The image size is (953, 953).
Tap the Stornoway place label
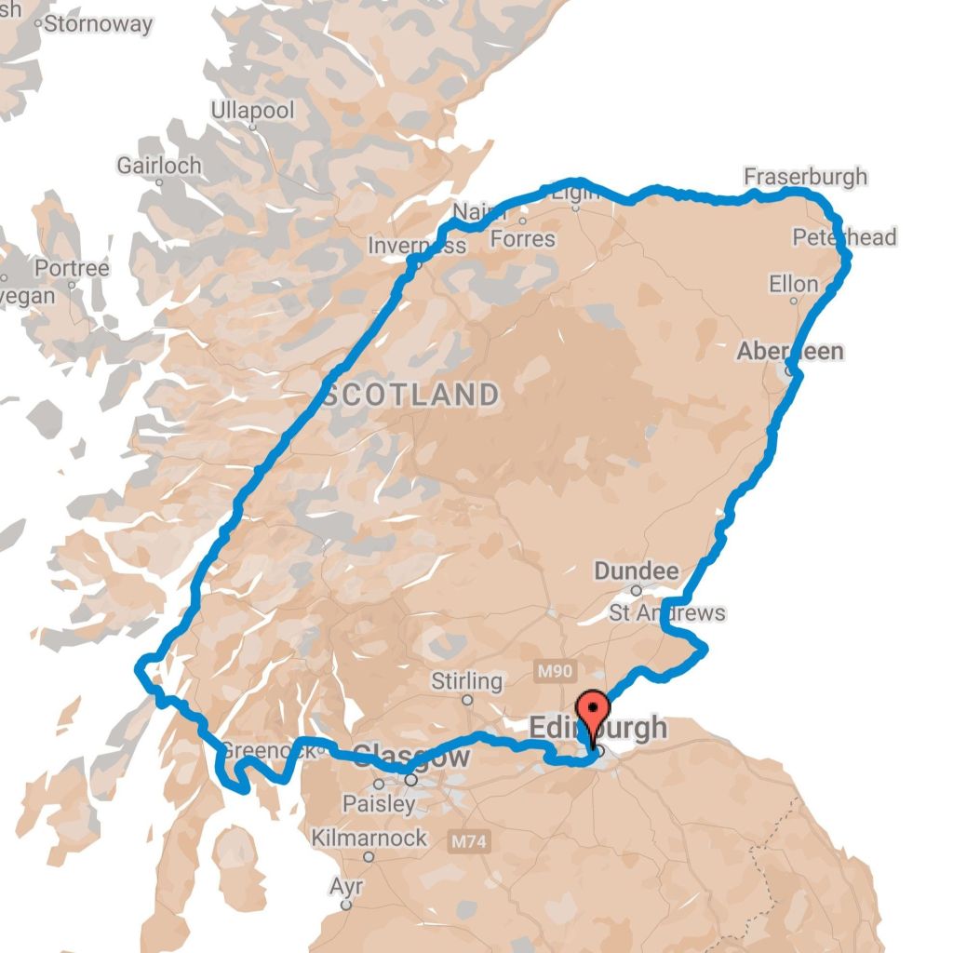98,24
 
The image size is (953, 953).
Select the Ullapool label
252,111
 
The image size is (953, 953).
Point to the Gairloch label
158,166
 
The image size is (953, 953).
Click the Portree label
72,269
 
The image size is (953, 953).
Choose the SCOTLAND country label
411,395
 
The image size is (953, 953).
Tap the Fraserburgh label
805,176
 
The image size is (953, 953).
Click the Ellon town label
794,283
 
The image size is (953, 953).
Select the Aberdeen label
790,351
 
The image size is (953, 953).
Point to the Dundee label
637,570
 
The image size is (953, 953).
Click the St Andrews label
666,613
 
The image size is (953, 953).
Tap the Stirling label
466,681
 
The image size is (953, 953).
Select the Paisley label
379,803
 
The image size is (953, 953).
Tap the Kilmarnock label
369,838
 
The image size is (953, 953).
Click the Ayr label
346,886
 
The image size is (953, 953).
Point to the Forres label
522,239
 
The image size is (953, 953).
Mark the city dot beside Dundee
637,590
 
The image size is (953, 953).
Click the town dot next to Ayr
346,904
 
